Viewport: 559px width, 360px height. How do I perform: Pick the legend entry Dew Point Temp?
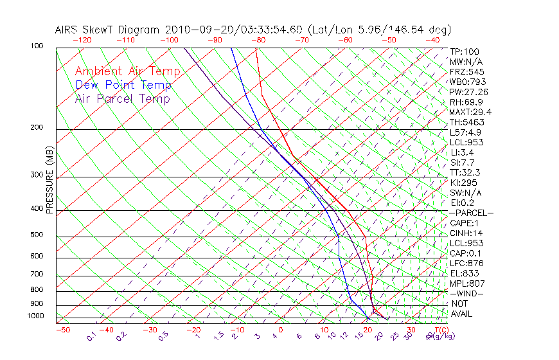tap(123, 85)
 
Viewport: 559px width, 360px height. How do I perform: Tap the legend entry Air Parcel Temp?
tap(122, 98)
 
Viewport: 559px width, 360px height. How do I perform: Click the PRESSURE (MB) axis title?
tap(49, 179)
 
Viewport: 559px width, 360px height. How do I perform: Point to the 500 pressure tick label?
tap(37, 235)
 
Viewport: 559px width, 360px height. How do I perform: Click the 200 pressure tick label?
tap(37, 128)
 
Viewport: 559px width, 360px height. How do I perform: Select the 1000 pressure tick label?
tap(36, 316)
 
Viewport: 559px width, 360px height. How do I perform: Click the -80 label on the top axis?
tap(258, 40)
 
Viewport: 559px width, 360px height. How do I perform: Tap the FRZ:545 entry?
tap(467, 71)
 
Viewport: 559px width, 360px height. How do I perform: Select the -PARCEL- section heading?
tap(471, 213)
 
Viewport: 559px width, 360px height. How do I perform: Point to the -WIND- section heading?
tap(467, 293)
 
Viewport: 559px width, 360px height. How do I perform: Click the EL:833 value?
tap(464, 273)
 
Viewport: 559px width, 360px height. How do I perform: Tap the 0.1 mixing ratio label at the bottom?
tap(91, 336)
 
